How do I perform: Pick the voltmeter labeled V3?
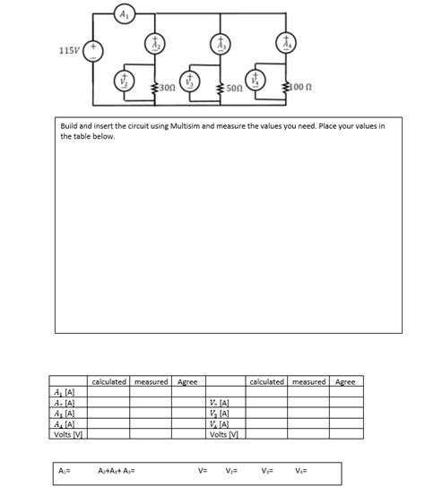pyautogui.click(x=188, y=81)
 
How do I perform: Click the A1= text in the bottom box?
pyautogui.click(x=65, y=469)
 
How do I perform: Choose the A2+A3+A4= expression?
pyautogui.click(x=116, y=469)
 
